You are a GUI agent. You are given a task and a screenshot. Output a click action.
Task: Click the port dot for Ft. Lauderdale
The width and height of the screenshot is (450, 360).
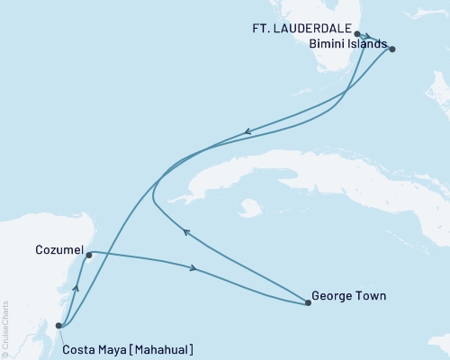click(358, 33)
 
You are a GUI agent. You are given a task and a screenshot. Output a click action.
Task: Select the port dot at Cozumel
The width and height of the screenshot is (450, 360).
click(88, 256)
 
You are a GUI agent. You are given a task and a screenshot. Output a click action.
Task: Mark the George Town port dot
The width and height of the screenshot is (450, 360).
click(309, 303)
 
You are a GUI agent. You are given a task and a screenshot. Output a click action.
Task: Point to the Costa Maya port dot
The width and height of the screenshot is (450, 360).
click(58, 326)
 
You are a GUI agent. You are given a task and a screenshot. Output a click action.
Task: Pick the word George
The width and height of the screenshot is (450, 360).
click(331, 293)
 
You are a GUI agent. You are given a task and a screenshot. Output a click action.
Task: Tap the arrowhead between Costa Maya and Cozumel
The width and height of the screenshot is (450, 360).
click(76, 288)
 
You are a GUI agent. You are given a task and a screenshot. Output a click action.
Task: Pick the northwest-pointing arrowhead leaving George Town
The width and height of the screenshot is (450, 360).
click(185, 232)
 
